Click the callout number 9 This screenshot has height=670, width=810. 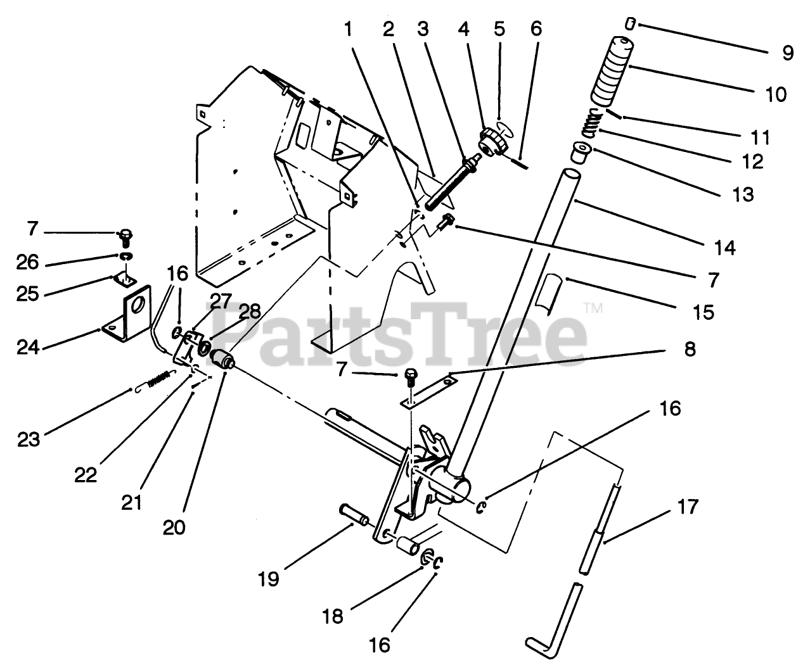787,53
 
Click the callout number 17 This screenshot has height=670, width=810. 687,507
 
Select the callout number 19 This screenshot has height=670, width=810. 269,578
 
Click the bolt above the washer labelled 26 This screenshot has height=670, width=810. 125,238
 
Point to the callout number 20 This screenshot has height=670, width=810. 174,527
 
